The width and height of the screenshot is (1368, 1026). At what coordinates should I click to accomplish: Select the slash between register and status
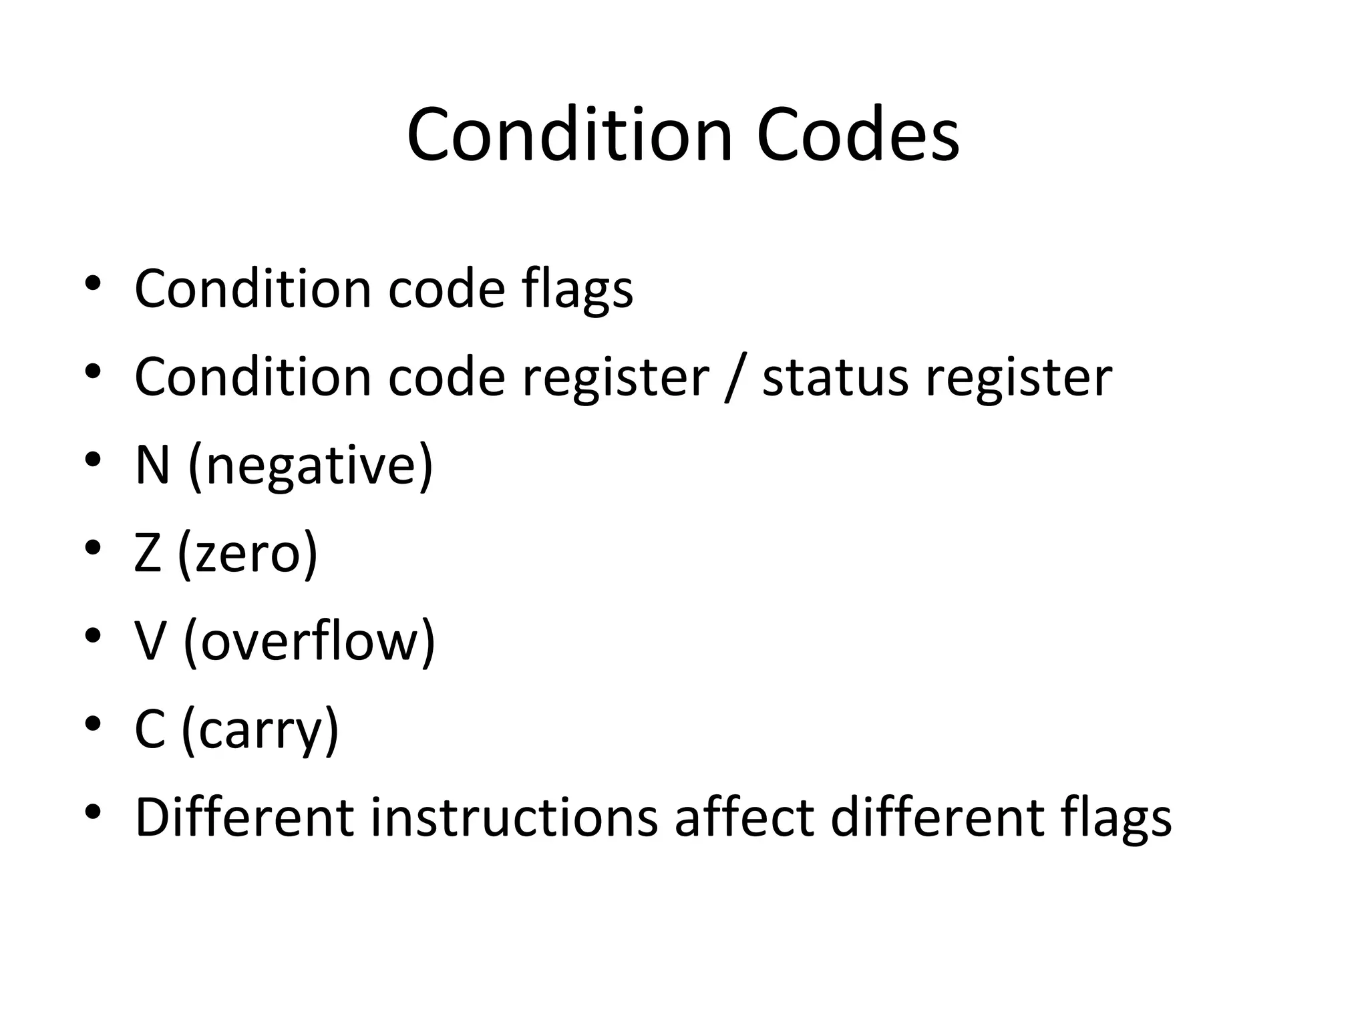735,377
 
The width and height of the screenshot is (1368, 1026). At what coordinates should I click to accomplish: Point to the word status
835,377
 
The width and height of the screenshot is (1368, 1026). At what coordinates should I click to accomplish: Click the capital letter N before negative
152,465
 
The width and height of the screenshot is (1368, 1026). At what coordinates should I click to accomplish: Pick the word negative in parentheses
311,466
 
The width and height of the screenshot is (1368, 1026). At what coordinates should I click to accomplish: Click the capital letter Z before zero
148,553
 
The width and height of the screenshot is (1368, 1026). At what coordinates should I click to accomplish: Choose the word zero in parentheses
248,554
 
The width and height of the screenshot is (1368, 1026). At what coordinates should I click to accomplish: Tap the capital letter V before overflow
150,641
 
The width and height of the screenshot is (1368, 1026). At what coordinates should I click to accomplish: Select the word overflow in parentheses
309,641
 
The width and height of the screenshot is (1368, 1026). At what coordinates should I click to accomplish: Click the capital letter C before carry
150,729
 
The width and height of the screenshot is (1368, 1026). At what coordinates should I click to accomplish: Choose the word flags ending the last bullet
1116,818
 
